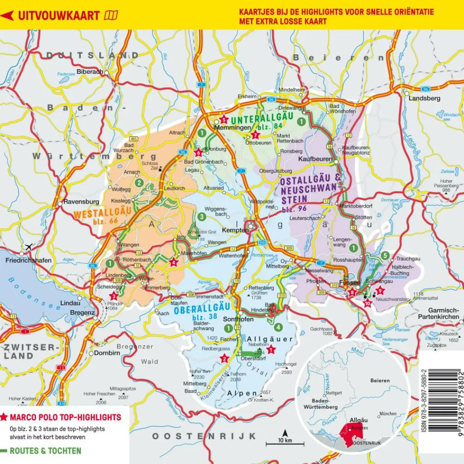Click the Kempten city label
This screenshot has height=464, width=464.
coord(236,230)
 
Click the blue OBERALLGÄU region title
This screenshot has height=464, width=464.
coord(194,311)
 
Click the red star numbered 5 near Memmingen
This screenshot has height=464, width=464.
coord(223,120)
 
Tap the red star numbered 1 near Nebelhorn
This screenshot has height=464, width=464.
coord(271,349)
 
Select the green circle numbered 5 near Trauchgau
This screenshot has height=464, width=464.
coord(385,256)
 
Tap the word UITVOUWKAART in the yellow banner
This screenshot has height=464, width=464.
coord(59,15)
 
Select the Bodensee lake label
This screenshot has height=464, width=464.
coord(34,295)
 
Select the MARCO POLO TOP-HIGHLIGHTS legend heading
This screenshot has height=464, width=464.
coord(65,417)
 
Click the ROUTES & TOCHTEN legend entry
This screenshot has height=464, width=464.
coord(45,451)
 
